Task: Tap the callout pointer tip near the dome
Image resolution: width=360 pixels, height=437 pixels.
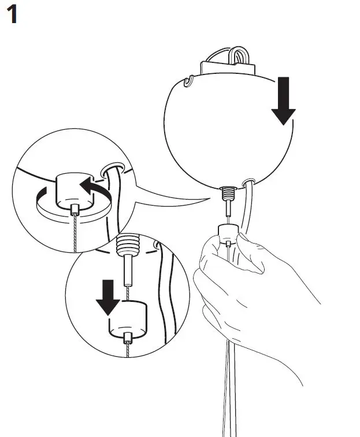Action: point(210,197)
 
